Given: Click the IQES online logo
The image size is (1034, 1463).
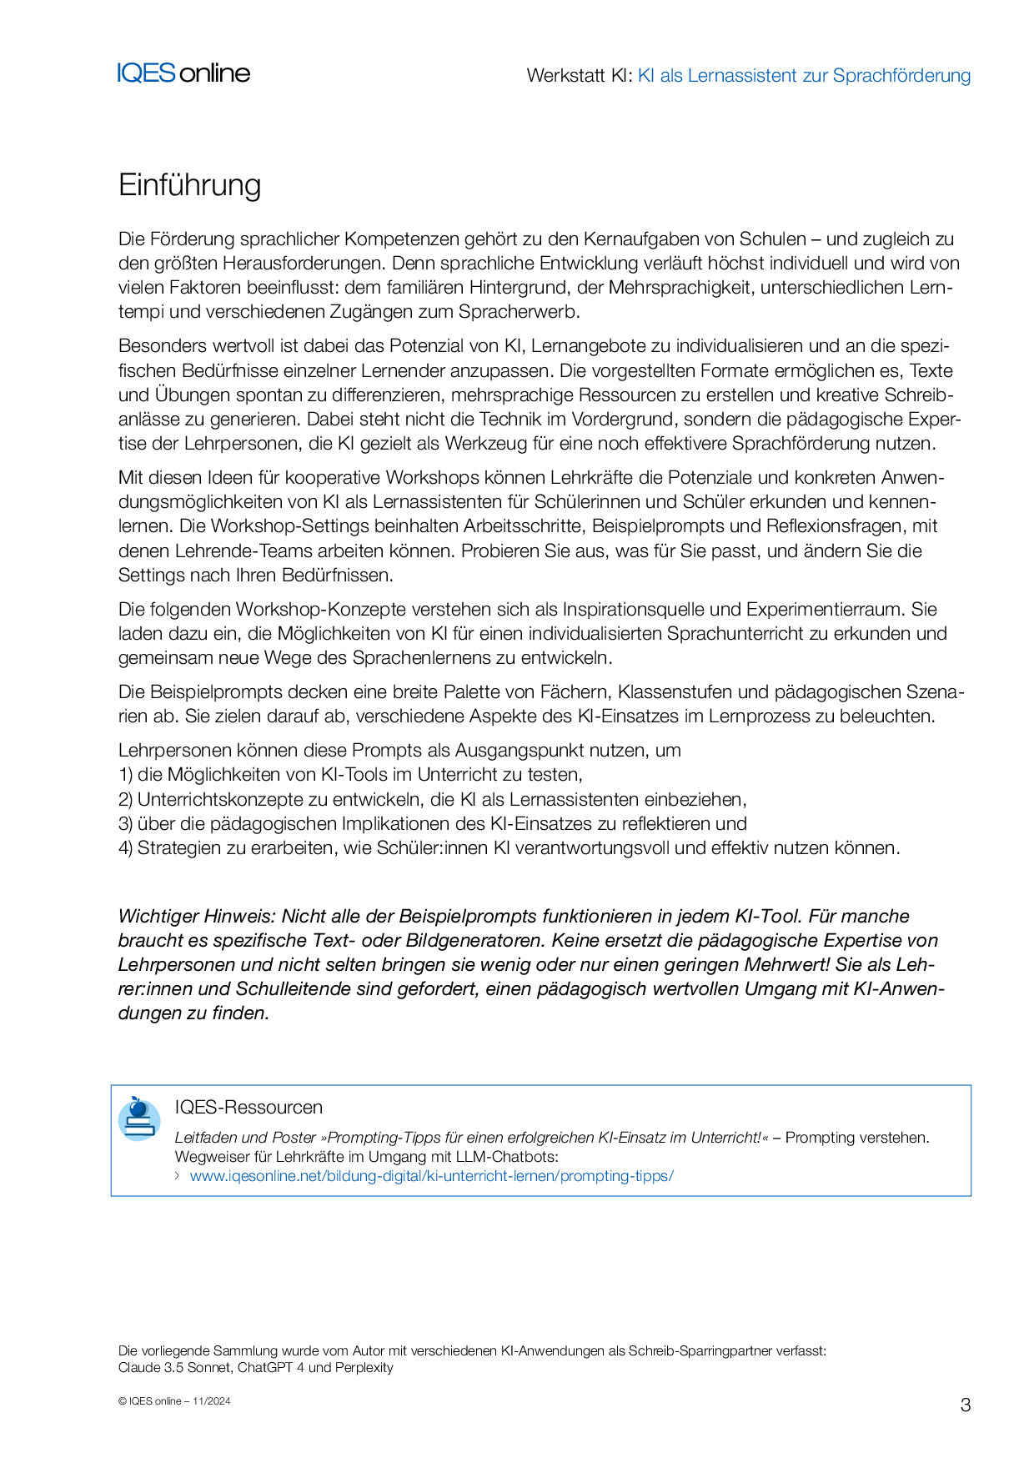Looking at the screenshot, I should tap(183, 73).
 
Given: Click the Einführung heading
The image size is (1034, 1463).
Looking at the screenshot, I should tap(189, 185).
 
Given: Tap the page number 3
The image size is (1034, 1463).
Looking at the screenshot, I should tap(966, 1405).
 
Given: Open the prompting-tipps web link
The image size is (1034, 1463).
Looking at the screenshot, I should tap(431, 1176).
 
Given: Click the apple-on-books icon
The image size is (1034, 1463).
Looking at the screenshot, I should tap(139, 1119).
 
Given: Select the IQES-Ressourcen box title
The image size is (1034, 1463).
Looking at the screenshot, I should tap(248, 1108).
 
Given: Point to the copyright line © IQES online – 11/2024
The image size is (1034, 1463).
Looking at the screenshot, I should tap(174, 1401).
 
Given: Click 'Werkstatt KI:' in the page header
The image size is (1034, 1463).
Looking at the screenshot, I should tap(580, 76).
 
